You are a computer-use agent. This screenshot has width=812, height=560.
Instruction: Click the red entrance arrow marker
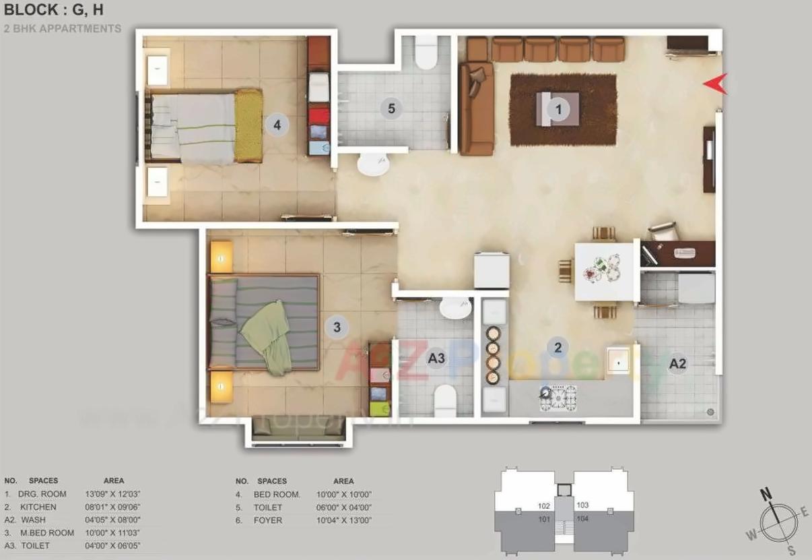[716, 83]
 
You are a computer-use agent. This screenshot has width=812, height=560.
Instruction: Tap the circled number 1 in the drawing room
[557, 108]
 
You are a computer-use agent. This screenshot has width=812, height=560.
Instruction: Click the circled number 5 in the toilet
[391, 108]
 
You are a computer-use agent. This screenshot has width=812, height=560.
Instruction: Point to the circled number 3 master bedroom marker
[337, 328]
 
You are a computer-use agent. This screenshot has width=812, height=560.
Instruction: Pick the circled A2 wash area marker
[677, 364]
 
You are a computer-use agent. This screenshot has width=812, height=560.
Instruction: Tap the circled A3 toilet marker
[436, 358]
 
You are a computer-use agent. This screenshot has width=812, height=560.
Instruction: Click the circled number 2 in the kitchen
[557, 348]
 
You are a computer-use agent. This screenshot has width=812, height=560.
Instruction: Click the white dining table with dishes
[604, 271]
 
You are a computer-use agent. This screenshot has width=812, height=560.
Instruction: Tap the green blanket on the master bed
[267, 335]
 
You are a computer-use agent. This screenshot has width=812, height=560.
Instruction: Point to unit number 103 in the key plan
[582, 505]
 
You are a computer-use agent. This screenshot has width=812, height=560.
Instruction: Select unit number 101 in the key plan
[544, 519]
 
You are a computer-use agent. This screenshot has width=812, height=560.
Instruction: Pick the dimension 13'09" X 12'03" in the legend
[112, 494]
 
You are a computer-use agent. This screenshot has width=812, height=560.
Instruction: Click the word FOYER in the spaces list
[268, 520]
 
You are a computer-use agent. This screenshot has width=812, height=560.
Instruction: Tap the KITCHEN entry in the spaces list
[38, 507]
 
